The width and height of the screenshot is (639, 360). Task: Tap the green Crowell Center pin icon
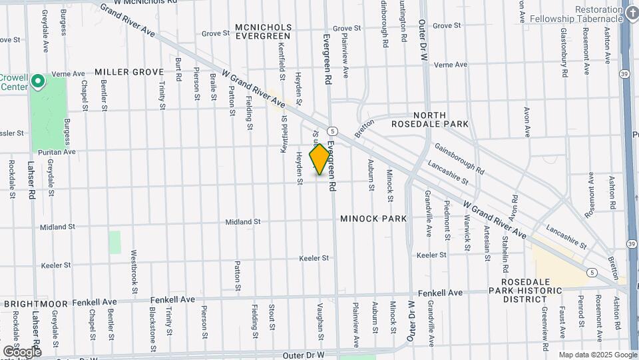coord(38,83)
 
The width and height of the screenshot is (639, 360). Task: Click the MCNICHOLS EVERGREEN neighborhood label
coord(264,32)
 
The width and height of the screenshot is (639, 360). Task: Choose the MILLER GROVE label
coord(129,72)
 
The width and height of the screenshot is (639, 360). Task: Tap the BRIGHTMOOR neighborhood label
coord(36,303)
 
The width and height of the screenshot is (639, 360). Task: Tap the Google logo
coord(21,351)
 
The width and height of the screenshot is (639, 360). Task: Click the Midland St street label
coord(242,221)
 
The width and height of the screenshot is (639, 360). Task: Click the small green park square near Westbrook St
coord(115,242)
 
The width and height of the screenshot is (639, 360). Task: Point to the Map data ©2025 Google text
coord(596,355)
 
